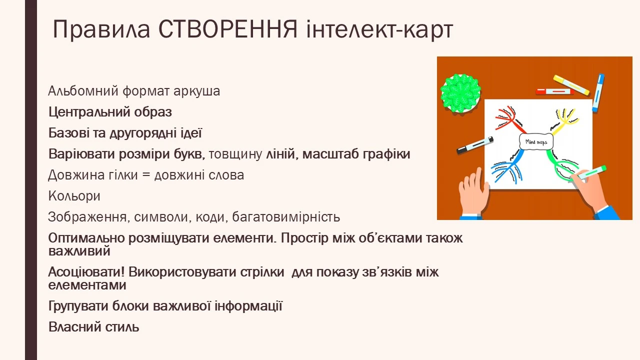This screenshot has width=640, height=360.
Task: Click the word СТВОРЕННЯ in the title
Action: [x=227, y=30]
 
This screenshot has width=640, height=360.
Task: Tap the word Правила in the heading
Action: [x=101, y=30]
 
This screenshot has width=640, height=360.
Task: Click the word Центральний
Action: [x=89, y=112]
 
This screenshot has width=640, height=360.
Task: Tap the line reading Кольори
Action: [x=74, y=196]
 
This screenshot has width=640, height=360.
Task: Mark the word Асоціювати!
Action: [x=86, y=272]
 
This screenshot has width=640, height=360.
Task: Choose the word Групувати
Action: [x=78, y=306]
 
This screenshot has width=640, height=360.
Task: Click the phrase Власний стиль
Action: [x=93, y=327]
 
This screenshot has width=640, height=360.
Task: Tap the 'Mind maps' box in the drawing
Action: [x=536, y=141]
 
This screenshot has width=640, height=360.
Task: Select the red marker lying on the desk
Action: [x=554, y=91]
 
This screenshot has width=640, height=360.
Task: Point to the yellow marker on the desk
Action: [x=571, y=84]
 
